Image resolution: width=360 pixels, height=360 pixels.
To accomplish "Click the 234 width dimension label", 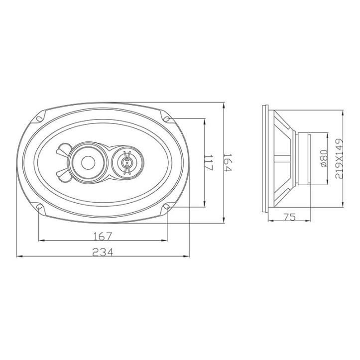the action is (x=103, y=252).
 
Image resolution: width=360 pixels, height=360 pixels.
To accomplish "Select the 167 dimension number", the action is (x=103, y=237).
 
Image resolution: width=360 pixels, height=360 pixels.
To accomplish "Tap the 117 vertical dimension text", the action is (x=209, y=162).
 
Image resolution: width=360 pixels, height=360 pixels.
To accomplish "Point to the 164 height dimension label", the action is (x=228, y=162).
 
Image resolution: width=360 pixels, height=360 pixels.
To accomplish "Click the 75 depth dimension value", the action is (x=289, y=217).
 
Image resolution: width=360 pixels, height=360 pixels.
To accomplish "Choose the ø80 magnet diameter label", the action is (x=324, y=158).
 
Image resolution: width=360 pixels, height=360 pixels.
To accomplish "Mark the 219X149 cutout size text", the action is (x=339, y=158).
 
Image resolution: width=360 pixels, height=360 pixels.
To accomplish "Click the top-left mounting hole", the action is (x=39, y=119).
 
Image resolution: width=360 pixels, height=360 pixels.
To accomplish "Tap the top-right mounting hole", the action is (x=167, y=119).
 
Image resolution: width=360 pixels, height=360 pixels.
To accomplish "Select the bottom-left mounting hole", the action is (x=39, y=207).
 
